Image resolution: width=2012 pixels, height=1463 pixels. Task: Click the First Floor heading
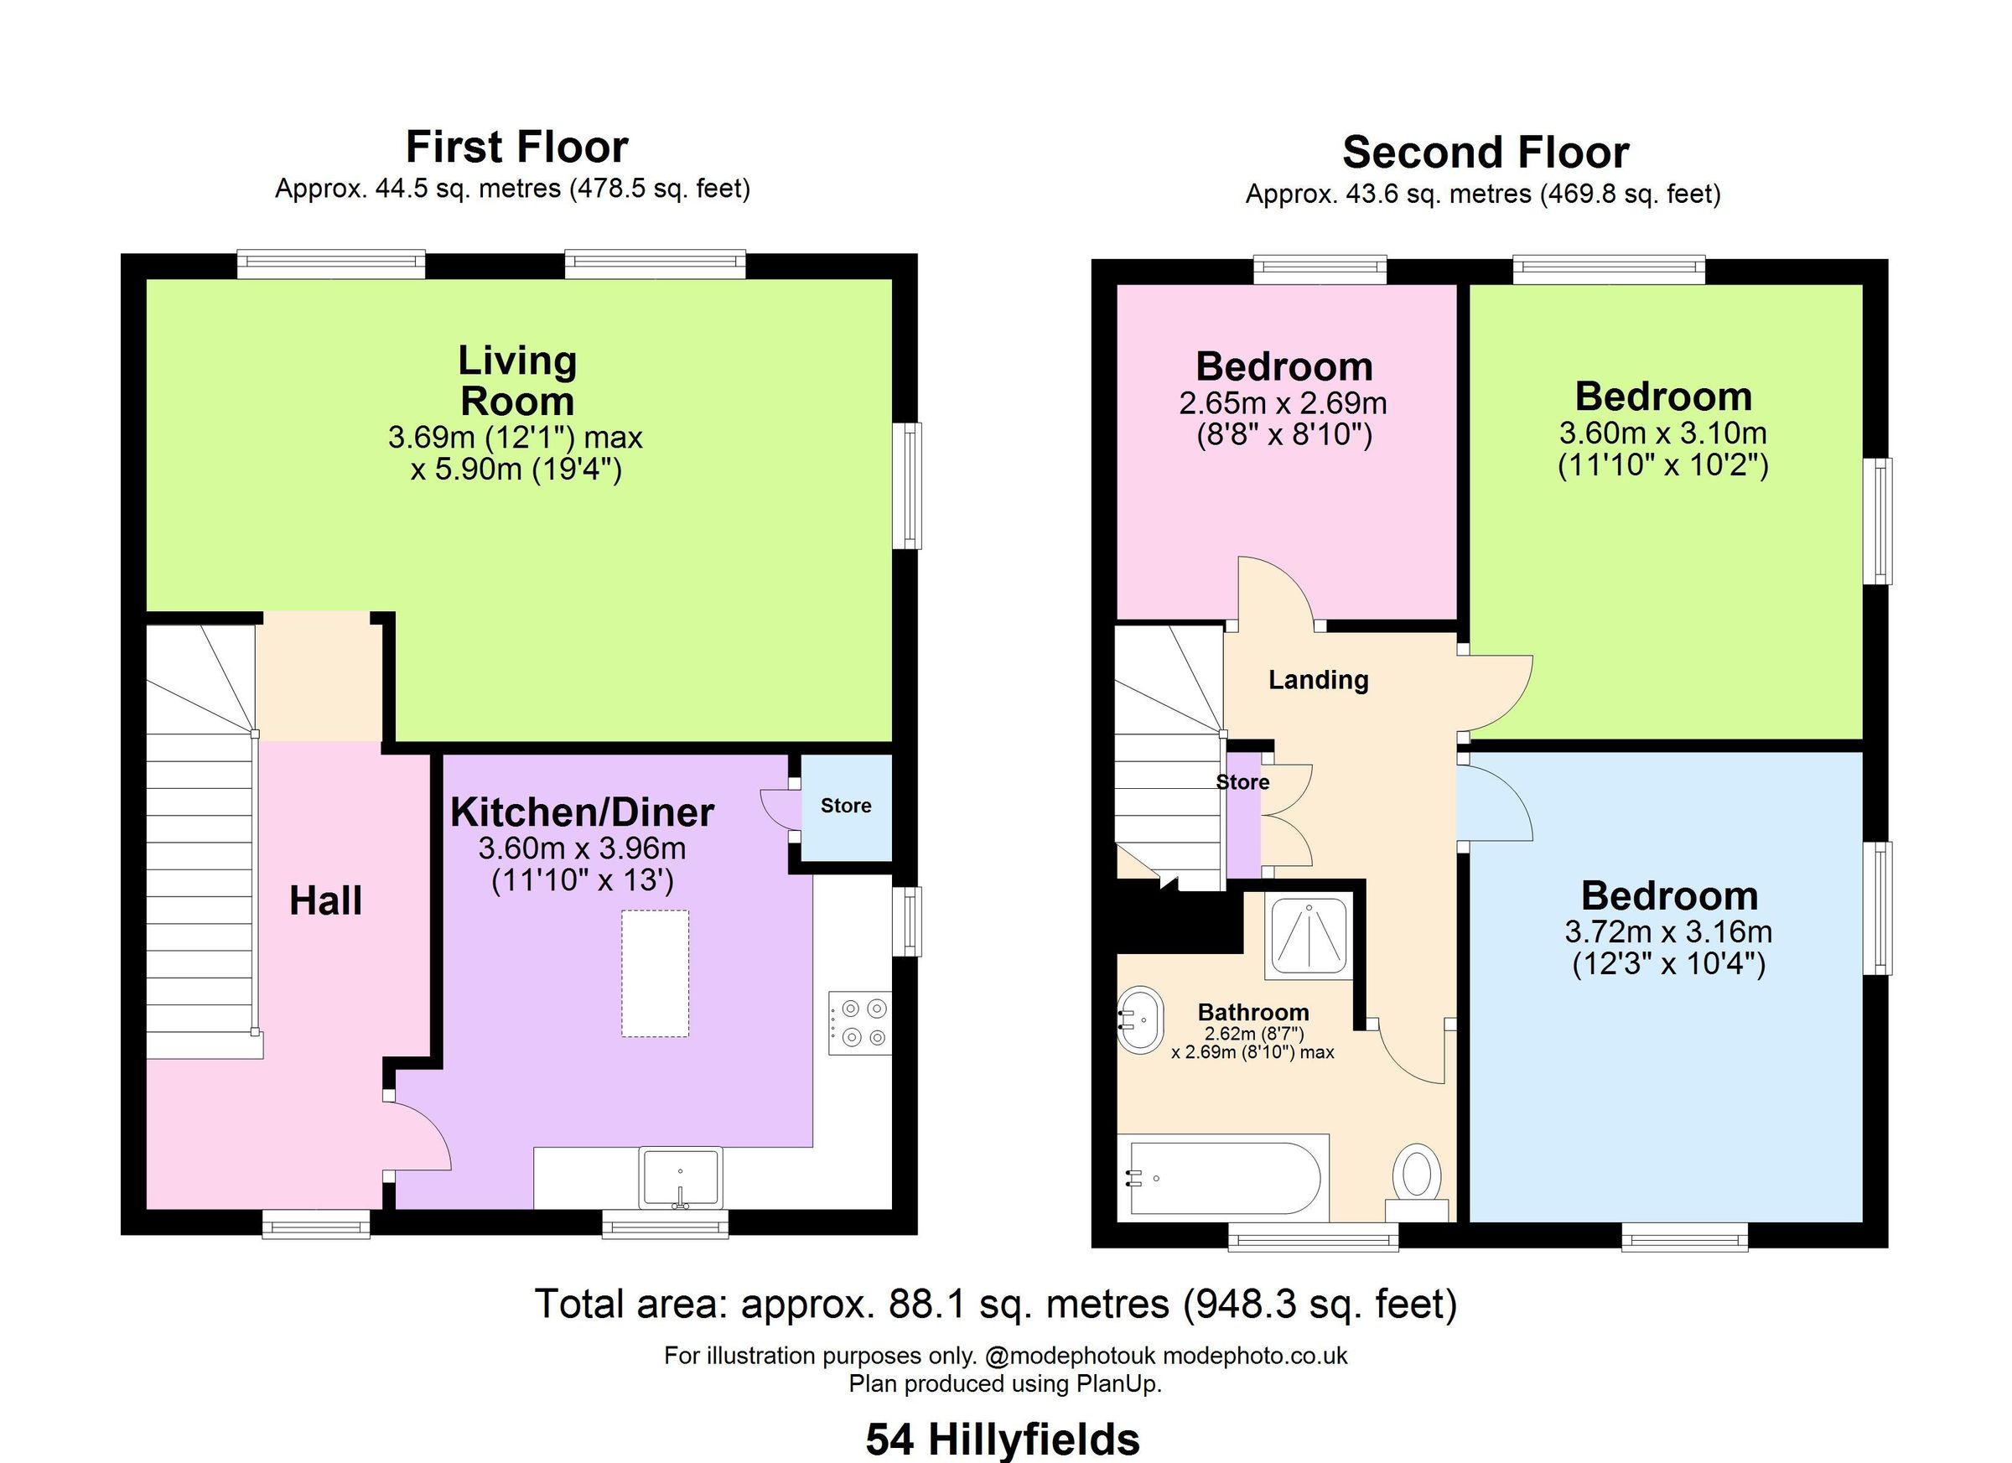point(516,148)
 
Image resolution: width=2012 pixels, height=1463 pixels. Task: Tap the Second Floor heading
point(1485,153)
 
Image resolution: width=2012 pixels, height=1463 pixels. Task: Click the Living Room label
point(517,381)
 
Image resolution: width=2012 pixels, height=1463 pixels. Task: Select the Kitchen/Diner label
point(582,812)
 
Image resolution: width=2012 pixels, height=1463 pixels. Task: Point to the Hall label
point(325,901)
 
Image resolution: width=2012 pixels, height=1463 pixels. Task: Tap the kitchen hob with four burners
point(859,1022)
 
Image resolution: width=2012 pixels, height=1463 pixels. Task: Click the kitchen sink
point(681,1177)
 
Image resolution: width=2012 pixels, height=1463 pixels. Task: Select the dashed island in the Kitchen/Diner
point(655,973)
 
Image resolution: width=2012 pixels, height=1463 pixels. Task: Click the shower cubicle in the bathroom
point(1309,935)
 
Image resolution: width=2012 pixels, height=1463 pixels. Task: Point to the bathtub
point(1224,1178)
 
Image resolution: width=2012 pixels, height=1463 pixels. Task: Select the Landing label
point(1318,681)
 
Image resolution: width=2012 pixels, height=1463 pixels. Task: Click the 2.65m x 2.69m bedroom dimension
point(1283,403)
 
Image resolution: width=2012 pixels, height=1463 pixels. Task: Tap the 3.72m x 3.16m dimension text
point(1667,932)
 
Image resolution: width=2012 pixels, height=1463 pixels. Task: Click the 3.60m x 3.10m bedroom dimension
point(1662,433)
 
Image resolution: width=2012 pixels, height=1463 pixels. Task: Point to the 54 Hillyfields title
point(1003,1439)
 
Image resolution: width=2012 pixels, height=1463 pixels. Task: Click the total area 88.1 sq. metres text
point(995,1305)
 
